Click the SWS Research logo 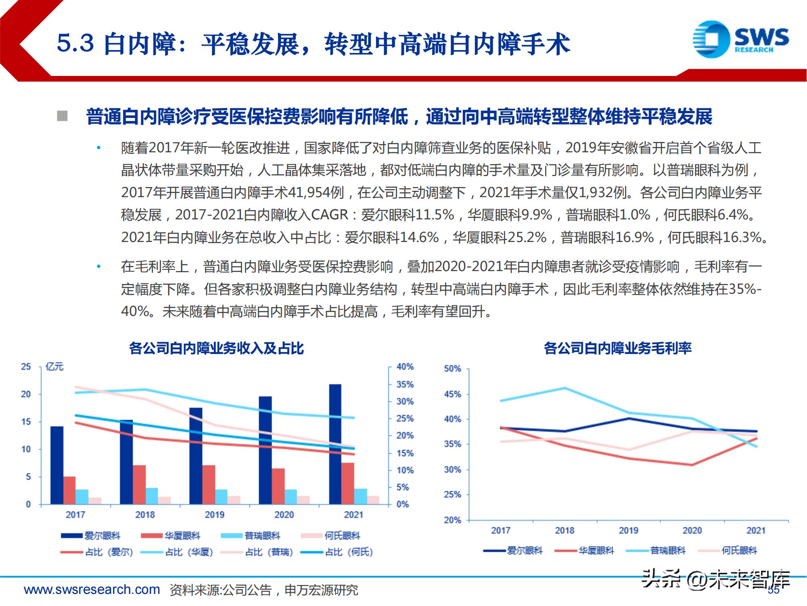tap(740, 40)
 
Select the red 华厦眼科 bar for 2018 tap(139, 484)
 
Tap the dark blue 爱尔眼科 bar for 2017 tap(57, 465)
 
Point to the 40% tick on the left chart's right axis tap(405, 367)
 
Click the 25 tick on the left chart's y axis tap(26, 367)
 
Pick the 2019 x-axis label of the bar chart tap(214, 515)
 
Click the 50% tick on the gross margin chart tap(452, 369)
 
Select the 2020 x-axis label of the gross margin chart tap(692, 530)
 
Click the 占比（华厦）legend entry tap(188, 552)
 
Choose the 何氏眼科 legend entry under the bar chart tap(342, 536)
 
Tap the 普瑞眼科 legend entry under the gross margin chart tap(667, 550)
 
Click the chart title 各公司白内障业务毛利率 tap(617, 348)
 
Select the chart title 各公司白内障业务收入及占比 tap(216, 348)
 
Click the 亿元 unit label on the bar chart tap(54, 367)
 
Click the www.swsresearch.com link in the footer tap(92, 589)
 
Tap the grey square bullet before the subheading tap(62, 116)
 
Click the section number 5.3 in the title tap(75, 43)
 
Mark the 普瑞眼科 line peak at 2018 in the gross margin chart tap(564, 388)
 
